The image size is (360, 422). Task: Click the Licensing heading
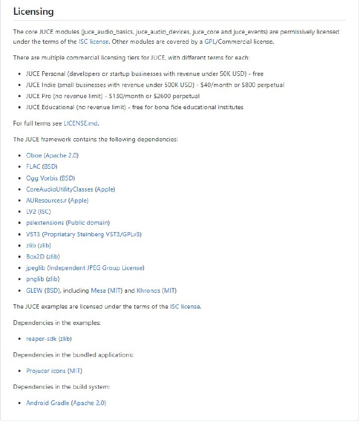[33, 12]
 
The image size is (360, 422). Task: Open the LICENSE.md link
[81, 123]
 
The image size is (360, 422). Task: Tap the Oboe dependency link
[34, 156]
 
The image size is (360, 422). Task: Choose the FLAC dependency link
[33, 167]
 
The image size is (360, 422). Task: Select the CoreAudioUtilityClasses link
[60, 189]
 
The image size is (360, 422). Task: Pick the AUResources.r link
[46, 200]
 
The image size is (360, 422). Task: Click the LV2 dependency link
[32, 212]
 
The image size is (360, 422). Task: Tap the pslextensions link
[44, 223]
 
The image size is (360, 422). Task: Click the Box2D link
[35, 256]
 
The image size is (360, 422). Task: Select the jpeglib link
[35, 268]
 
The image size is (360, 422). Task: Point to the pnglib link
[35, 279]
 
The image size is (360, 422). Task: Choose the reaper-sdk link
[41, 339]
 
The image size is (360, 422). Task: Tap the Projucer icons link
[46, 371]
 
